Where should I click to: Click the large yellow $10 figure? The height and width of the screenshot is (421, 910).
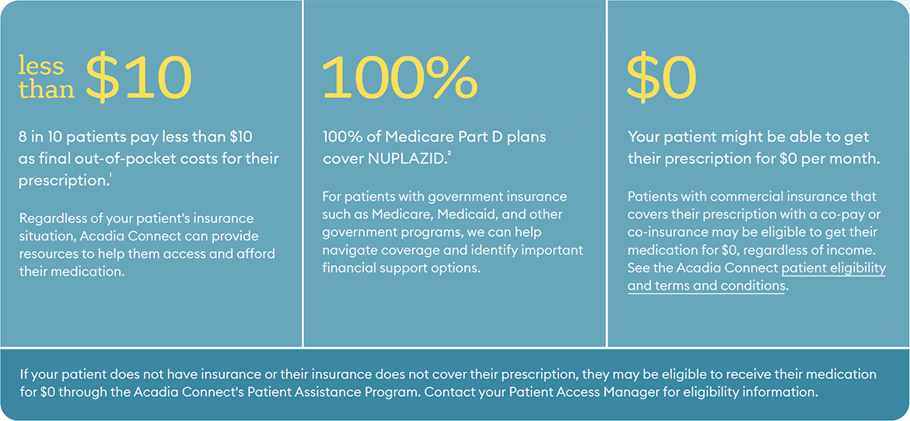coord(138,76)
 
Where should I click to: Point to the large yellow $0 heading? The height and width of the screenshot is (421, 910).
coord(662,76)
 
